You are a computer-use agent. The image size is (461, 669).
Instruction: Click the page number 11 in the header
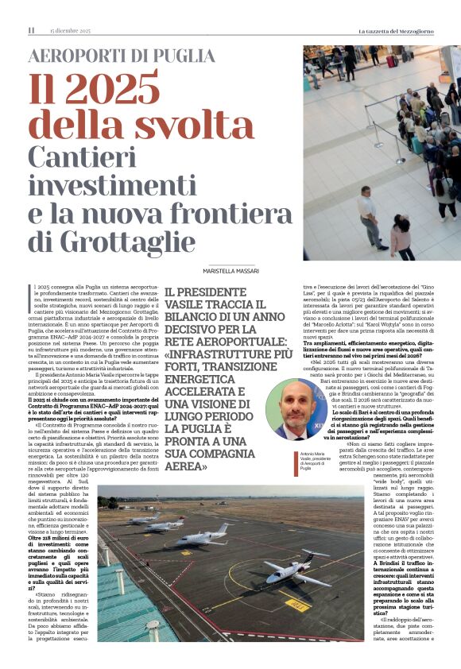point(31,30)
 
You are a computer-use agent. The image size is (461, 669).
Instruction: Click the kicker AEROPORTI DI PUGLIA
point(121,56)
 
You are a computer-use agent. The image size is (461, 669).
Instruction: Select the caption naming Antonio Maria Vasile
point(283,458)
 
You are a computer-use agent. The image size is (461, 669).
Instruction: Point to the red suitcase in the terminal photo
point(390,60)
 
